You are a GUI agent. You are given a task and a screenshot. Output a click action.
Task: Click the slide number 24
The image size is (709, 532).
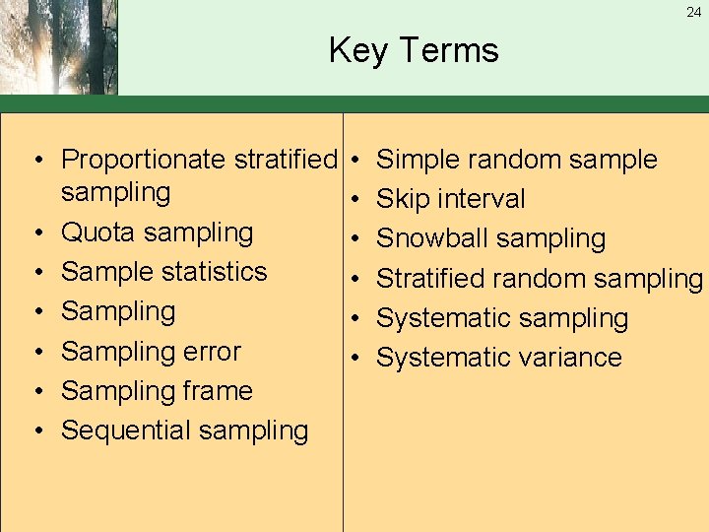[x=694, y=13]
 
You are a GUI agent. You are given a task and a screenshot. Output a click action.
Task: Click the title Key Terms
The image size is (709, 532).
[x=414, y=49]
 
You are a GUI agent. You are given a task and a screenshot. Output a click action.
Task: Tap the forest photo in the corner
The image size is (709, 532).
[x=59, y=47]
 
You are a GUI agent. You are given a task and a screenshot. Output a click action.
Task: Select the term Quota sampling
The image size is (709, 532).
[x=157, y=233]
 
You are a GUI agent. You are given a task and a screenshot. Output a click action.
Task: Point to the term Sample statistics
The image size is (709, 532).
[x=163, y=272]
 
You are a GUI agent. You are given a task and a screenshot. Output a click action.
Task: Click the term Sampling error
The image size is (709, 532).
[x=151, y=352]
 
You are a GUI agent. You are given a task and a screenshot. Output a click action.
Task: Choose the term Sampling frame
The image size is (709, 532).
[x=157, y=391]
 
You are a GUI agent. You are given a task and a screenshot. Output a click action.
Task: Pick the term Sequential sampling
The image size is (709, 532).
[x=184, y=431]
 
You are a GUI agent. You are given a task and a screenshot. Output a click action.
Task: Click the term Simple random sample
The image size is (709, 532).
[x=517, y=160]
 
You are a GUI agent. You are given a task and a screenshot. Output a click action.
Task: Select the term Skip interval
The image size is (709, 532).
[x=451, y=199]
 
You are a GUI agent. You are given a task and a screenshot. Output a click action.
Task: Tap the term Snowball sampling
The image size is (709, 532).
[x=491, y=238]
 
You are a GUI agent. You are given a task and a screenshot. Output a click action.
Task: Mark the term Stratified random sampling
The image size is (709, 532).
[x=540, y=279]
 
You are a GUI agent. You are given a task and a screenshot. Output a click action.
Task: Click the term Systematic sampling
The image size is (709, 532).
[x=502, y=318]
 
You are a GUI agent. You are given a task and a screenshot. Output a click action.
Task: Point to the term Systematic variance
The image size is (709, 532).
[x=499, y=358]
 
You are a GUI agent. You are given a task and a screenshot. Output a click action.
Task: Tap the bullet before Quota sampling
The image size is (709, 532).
[x=35, y=233]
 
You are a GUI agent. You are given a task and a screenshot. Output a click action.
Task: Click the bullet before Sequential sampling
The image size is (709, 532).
[x=35, y=432]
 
